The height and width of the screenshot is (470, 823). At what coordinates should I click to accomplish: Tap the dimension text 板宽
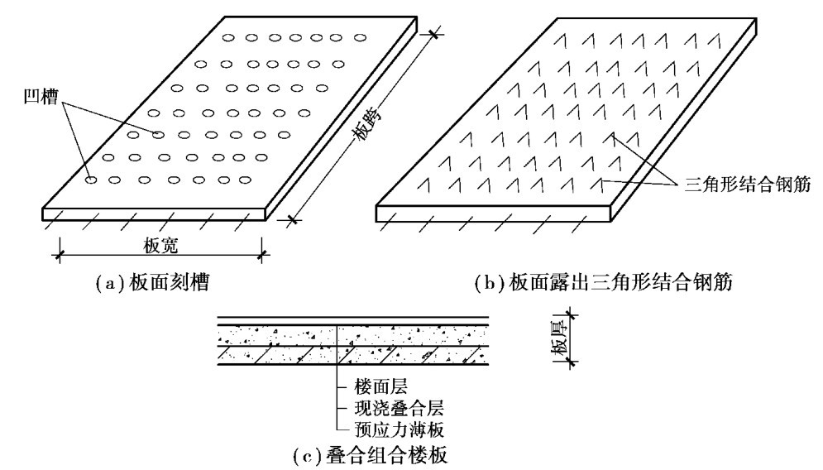[x=160, y=245]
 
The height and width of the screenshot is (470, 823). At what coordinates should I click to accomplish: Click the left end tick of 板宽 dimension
[x=59, y=254]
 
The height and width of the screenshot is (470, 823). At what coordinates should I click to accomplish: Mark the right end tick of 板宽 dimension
[x=262, y=254]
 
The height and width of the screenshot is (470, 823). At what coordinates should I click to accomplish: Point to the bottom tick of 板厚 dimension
[x=576, y=362]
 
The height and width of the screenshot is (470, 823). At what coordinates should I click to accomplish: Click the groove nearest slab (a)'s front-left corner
[x=92, y=179]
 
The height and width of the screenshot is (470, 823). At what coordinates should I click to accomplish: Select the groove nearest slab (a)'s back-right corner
[x=360, y=37]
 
